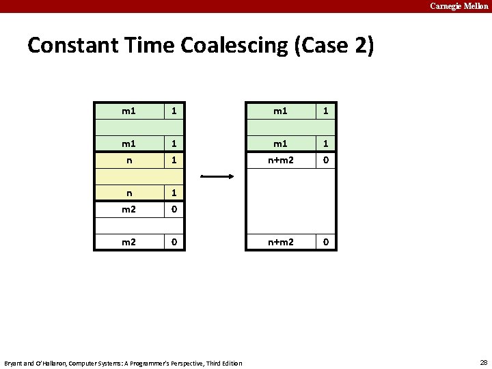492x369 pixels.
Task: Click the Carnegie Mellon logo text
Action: pyautogui.click(x=459, y=6)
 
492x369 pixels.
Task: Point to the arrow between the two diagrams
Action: pyautogui.click(x=218, y=176)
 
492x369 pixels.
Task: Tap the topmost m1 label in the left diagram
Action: pyautogui.click(x=128, y=110)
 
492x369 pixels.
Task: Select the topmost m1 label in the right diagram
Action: pyautogui.click(x=280, y=110)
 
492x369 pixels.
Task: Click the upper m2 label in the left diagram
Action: pyautogui.click(x=128, y=210)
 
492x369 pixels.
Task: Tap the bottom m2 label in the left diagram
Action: pyautogui.click(x=128, y=242)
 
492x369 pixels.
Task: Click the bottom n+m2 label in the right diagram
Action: pyautogui.click(x=280, y=242)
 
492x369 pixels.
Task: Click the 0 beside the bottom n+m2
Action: pyautogui.click(x=326, y=242)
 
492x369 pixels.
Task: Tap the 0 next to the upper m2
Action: pyautogui.click(x=174, y=210)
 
